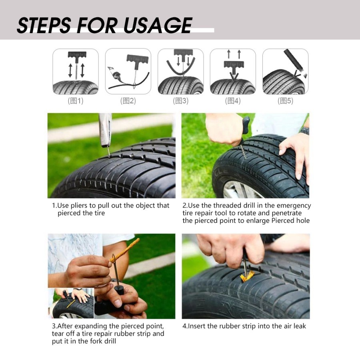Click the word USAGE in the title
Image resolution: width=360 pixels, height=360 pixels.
158,25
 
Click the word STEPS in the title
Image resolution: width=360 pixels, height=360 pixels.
44,25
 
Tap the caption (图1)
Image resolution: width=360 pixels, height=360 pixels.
76,101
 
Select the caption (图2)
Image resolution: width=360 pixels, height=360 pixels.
128,101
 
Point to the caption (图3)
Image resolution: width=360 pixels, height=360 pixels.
180,101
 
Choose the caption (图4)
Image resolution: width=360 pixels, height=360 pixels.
233,101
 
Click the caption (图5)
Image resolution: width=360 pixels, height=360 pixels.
285,101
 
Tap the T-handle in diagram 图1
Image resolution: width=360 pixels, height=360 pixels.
76,54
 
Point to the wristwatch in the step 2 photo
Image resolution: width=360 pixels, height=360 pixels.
304,130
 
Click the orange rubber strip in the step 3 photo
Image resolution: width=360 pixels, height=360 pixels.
125,250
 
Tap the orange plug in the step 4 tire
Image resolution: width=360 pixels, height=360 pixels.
247,276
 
